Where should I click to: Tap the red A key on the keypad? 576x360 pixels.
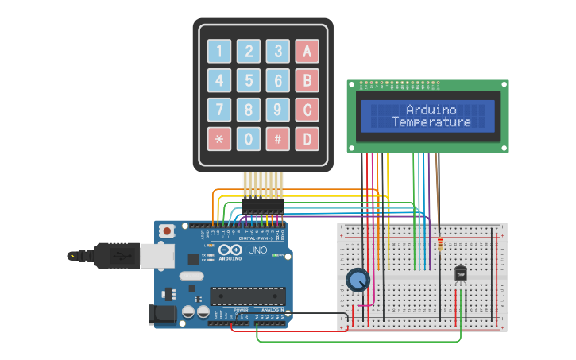tap(307, 52)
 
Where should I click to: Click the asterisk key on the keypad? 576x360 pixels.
tap(219, 139)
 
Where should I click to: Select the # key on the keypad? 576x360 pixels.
tap(277, 139)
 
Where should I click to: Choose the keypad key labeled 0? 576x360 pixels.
tap(249, 139)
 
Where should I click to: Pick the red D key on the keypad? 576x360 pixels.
tap(307, 139)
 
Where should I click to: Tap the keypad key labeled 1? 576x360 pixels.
tap(219, 52)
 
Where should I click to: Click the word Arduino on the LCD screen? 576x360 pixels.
tap(431, 110)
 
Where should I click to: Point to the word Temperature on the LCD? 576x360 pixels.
tap(431, 122)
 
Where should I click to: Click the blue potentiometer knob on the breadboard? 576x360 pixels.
tap(358, 280)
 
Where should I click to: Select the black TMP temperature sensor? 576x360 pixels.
tap(460, 273)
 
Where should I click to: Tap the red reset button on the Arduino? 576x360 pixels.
tap(167, 230)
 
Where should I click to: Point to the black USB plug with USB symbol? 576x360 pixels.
tap(115, 256)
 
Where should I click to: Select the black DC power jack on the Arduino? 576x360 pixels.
tap(163, 315)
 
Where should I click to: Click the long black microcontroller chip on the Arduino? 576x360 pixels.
tap(248, 296)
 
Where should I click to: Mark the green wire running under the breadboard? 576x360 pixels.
tap(358, 342)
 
